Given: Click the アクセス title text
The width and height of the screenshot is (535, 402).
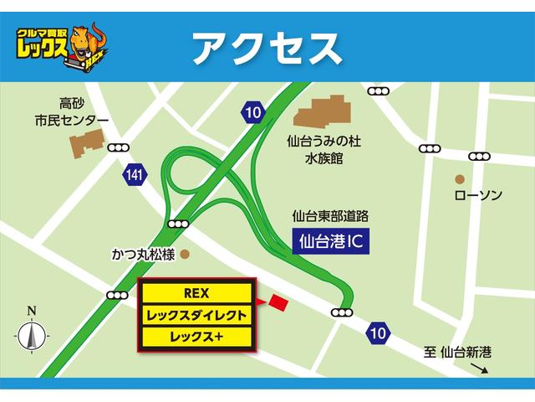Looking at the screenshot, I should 267,48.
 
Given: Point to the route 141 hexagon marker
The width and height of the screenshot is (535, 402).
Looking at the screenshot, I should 132,174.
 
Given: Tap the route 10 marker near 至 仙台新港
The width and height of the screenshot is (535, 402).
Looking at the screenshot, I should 378,333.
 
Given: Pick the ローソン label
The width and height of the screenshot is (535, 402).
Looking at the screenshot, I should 477,196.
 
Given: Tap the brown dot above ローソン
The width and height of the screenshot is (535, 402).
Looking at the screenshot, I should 460,179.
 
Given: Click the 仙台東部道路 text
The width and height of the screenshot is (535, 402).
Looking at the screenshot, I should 330,216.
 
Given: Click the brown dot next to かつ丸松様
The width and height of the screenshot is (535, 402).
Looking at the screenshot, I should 185,252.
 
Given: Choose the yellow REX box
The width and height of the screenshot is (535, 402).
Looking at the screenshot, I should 196,292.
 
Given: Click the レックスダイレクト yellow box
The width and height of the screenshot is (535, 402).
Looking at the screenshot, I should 196,315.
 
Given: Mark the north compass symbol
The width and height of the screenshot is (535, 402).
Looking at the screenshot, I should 31,335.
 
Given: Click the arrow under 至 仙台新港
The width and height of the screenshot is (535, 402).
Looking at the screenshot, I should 474,369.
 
